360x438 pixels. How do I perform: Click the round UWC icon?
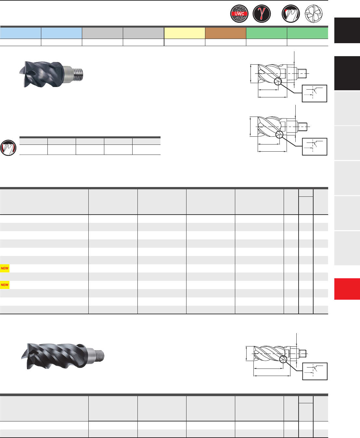point(239,14)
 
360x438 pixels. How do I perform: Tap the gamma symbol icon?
point(262,14)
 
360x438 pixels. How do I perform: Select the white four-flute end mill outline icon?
point(314,14)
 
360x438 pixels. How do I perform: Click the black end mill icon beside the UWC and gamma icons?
point(291,14)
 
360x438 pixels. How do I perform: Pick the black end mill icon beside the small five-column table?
point(8,148)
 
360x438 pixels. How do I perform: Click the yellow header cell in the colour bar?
point(185,33)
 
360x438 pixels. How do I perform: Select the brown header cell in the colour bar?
point(225,33)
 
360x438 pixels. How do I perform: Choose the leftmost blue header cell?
point(20,33)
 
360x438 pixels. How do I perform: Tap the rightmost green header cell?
point(308,33)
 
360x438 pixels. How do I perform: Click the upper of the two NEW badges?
point(5,268)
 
